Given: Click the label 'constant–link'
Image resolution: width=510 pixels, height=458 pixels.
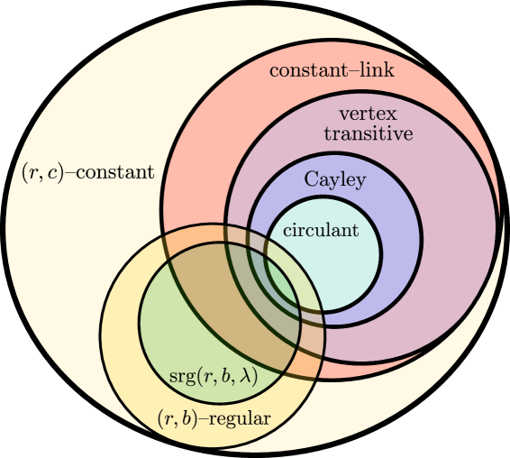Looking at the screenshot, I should coord(332,70).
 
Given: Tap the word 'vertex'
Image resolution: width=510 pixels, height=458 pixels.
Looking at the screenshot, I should coord(368,114).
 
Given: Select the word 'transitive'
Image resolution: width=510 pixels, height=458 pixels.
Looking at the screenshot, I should coord(368,133).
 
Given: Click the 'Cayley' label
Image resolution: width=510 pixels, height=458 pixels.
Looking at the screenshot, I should coord(334,179).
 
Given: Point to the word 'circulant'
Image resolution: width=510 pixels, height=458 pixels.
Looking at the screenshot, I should coord(321,230).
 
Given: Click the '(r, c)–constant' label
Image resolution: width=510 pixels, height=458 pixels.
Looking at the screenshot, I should coord(87,171).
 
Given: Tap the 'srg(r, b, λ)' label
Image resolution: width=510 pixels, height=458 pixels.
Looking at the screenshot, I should coord(214,376).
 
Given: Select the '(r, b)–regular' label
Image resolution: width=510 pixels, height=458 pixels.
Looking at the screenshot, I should coord(214,417).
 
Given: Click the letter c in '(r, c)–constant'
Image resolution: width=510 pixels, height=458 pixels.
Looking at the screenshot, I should coord(53,172).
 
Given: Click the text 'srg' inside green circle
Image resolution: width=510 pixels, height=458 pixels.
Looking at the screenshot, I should coord(181,376).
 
